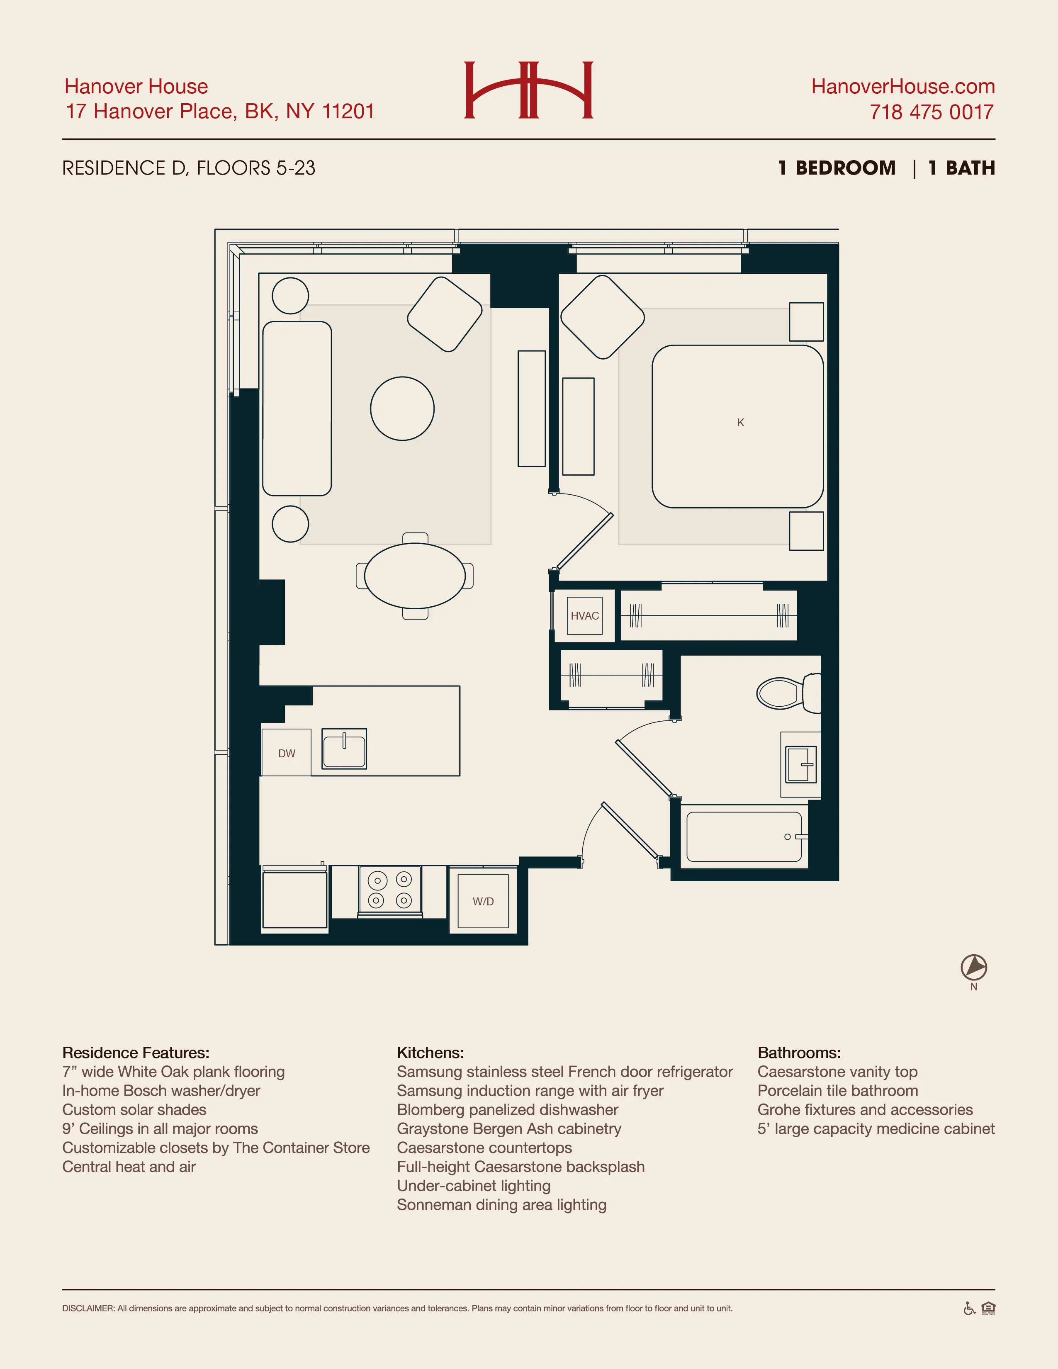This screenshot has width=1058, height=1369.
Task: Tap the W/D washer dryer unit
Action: point(483,901)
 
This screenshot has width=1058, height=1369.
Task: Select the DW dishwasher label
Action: point(287,753)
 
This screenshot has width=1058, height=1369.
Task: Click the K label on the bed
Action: point(740,423)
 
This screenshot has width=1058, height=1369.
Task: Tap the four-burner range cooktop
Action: point(390,890)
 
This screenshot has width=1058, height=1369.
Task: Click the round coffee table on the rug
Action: point(402,409)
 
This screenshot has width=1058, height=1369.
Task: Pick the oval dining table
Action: point(414,576)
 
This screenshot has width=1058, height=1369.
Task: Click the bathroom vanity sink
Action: point(801,764)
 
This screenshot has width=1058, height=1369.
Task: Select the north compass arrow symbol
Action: point(973,967)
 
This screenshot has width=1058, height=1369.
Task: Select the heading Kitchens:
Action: point(430,1053)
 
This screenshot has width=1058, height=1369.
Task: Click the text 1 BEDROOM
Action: point(837,168)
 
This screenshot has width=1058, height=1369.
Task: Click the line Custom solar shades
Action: point(134,1109)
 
